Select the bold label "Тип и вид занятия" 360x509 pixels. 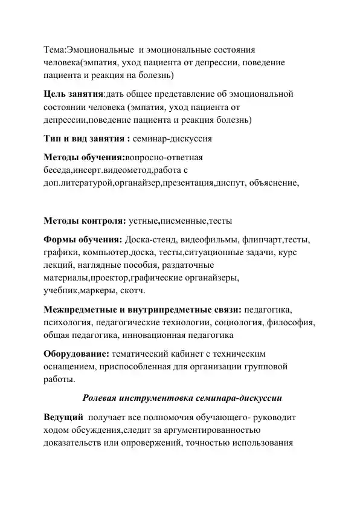85,138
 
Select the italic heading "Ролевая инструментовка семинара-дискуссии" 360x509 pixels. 179,398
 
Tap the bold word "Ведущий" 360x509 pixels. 63,418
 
